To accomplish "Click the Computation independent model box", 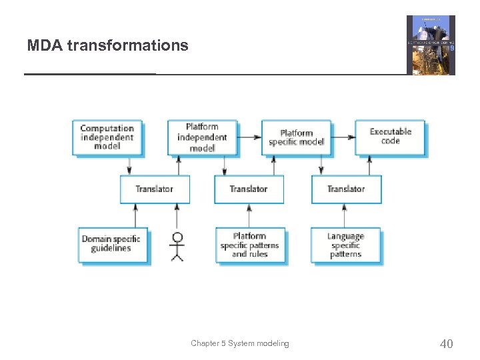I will [107, 137].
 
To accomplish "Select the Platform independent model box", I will [202, 137].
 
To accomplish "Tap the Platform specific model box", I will [296, 137].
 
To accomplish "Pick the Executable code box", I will [390, 136].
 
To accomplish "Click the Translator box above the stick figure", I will [155, 189].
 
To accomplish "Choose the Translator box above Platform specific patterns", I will [249, 189].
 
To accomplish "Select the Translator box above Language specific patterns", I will [346, 189].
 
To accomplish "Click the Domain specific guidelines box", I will [111, 244].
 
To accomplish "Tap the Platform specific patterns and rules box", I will [250, 245].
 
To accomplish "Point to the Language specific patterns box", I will [345, 245].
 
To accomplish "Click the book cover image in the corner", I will [431, 45].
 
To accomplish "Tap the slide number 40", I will [446, 344].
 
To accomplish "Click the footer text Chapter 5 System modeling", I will [240, 343].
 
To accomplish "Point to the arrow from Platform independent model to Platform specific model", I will [249, 137].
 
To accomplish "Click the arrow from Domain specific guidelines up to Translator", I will [136, 215].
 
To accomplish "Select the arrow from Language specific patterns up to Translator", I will [345, 215].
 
